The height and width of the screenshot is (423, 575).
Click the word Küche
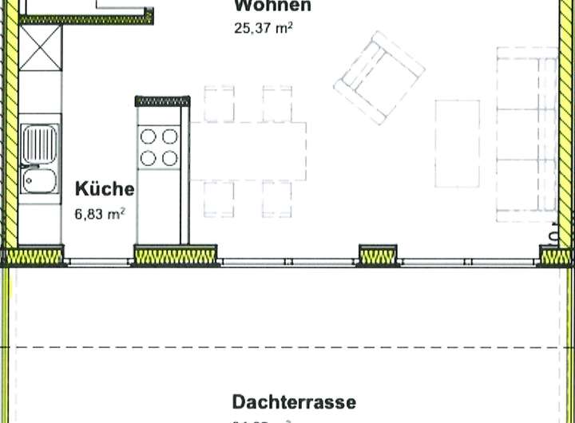[x=105, y=189]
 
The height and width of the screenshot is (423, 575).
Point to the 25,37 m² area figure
[x=261, y=30]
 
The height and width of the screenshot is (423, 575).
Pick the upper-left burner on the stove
[x=149, y=137]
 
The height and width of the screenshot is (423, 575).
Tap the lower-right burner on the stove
[x=169, y=158]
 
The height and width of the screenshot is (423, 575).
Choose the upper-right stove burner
[x=169, y=137]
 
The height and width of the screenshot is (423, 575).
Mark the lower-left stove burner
[x=149, y=158]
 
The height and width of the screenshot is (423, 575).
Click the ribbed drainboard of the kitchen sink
[x=39, y=144]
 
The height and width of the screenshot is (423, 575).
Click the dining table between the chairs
[x=248, y=151]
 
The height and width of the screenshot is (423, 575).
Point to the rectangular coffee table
[x=457, y=141]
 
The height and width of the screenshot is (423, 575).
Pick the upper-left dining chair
[x=218, y=103]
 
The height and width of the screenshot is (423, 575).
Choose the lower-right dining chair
[x=277, y=199]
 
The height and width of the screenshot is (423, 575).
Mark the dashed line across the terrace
[x=287, y=347]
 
